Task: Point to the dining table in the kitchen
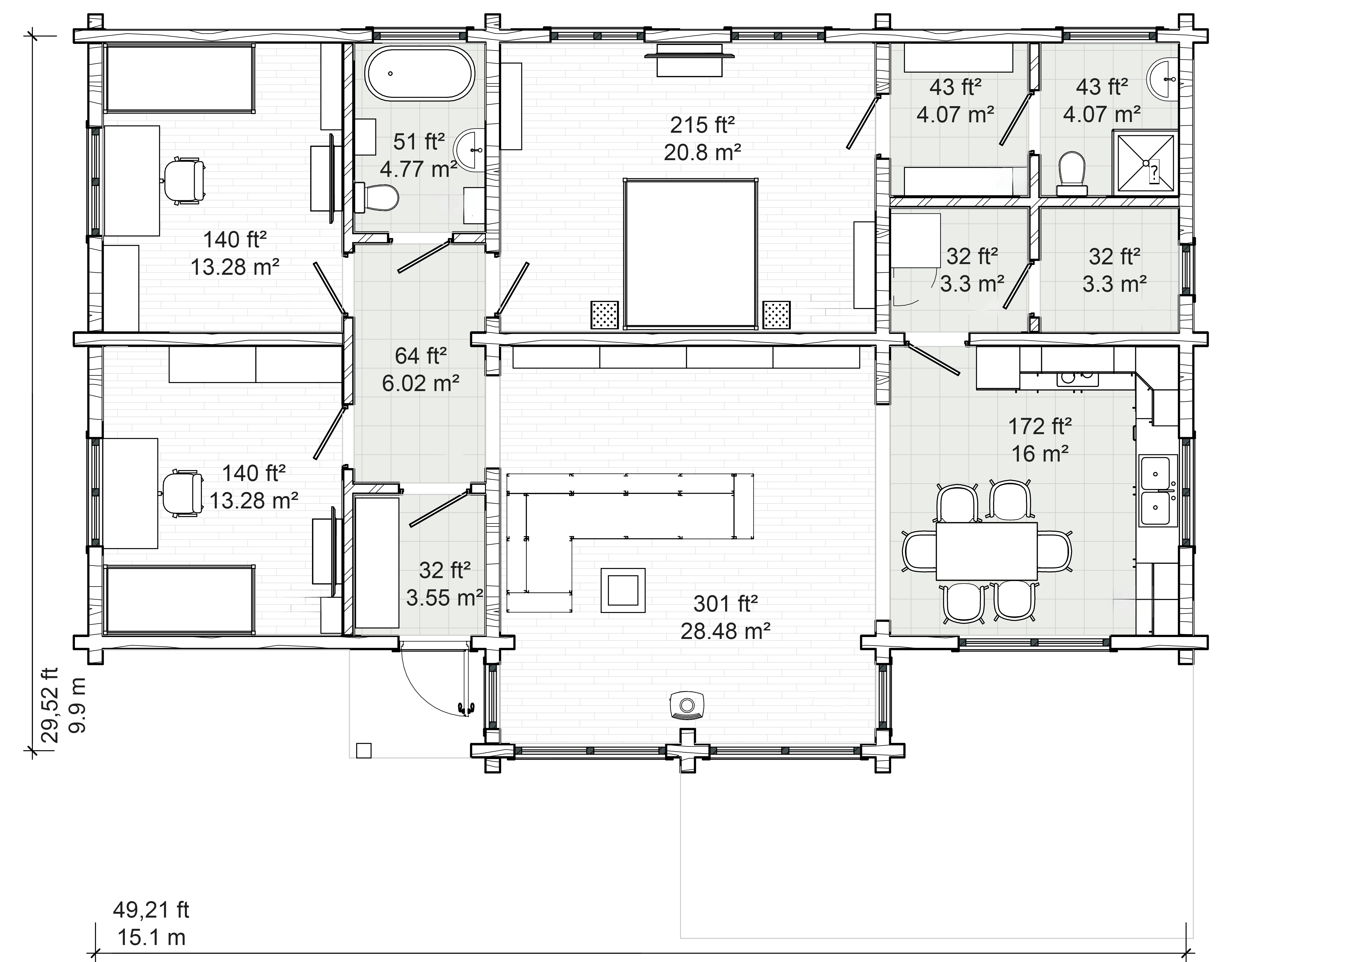(x=986, y=551)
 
